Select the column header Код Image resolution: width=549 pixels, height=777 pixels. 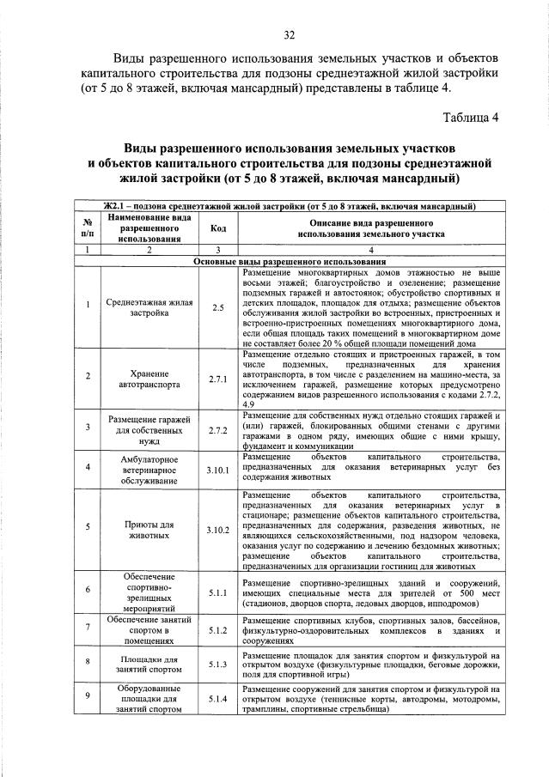tap(217, 228)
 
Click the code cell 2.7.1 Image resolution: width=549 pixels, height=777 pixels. tap(217, 379)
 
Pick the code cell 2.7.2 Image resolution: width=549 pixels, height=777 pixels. tap(217, 431)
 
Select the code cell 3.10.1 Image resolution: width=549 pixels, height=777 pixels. tap(217, 470)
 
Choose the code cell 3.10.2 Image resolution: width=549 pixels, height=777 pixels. tap(217, 530)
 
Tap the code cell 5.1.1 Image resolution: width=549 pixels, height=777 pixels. tap(217, 592)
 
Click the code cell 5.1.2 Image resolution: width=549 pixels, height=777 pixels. tap(217, 631)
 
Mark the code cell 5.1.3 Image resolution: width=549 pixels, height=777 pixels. tap(217, 665)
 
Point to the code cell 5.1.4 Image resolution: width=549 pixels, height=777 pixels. tap(217, 699)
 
